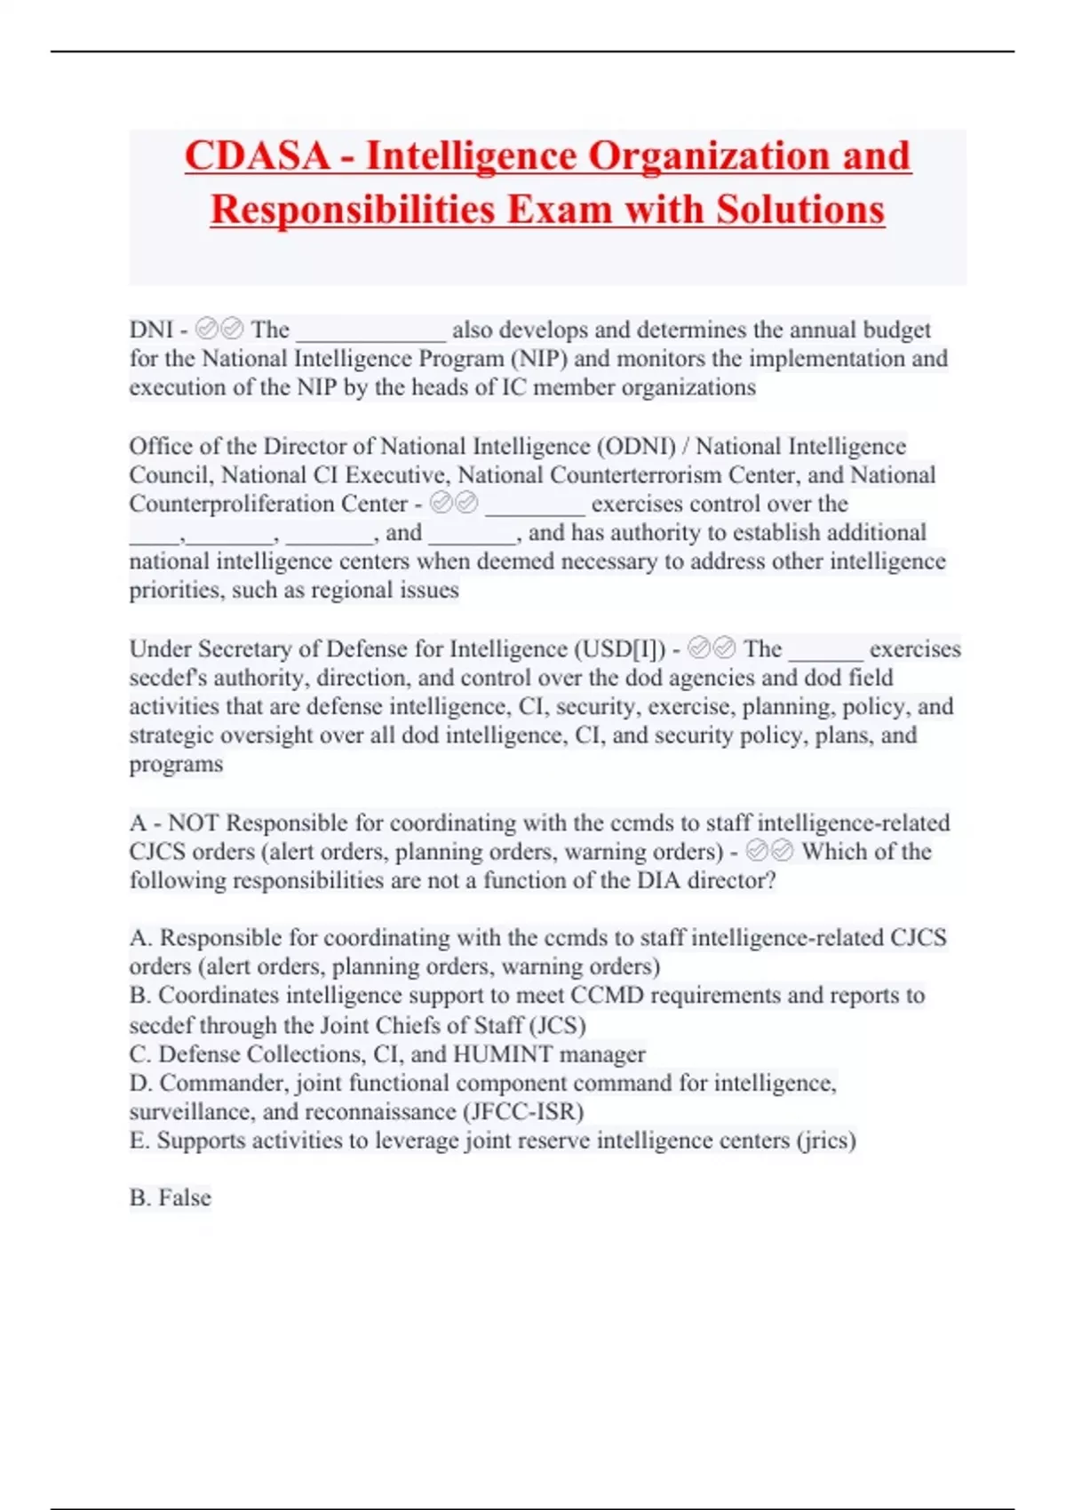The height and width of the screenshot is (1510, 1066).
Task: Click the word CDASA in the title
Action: coord(257,156)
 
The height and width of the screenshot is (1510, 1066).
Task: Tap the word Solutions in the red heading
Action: coord(800,211)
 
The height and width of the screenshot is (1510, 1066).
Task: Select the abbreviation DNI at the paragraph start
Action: coord(151,330)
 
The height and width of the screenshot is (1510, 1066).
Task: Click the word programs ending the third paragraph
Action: coord(176,764)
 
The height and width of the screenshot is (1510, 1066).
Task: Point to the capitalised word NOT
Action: coord(195,823)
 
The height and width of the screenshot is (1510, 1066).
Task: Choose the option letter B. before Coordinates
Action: coord(140,996)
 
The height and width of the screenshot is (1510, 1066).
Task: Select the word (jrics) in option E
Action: coord(826,1140)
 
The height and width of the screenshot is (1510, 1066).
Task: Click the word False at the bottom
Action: coord(185,1198)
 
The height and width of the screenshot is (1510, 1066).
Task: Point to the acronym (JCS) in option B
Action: coord(557,1026)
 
